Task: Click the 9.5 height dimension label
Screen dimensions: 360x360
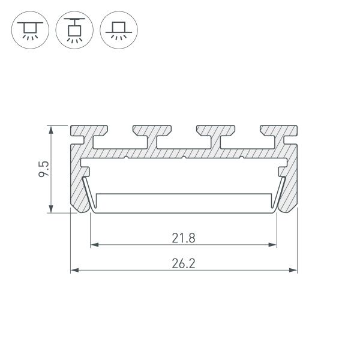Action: (x=43, y=169)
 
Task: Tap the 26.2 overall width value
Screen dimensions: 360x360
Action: (x=184, y=262)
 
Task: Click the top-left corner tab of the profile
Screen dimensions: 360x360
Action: (x=89, y=132)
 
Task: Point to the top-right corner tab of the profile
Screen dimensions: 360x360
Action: (x=279, y=132)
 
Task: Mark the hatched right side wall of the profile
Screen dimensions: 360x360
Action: (x=292, y=186)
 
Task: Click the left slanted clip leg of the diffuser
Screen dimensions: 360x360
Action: (x=88, y=192)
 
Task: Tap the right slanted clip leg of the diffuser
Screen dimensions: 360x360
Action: (x=280, y=192)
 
